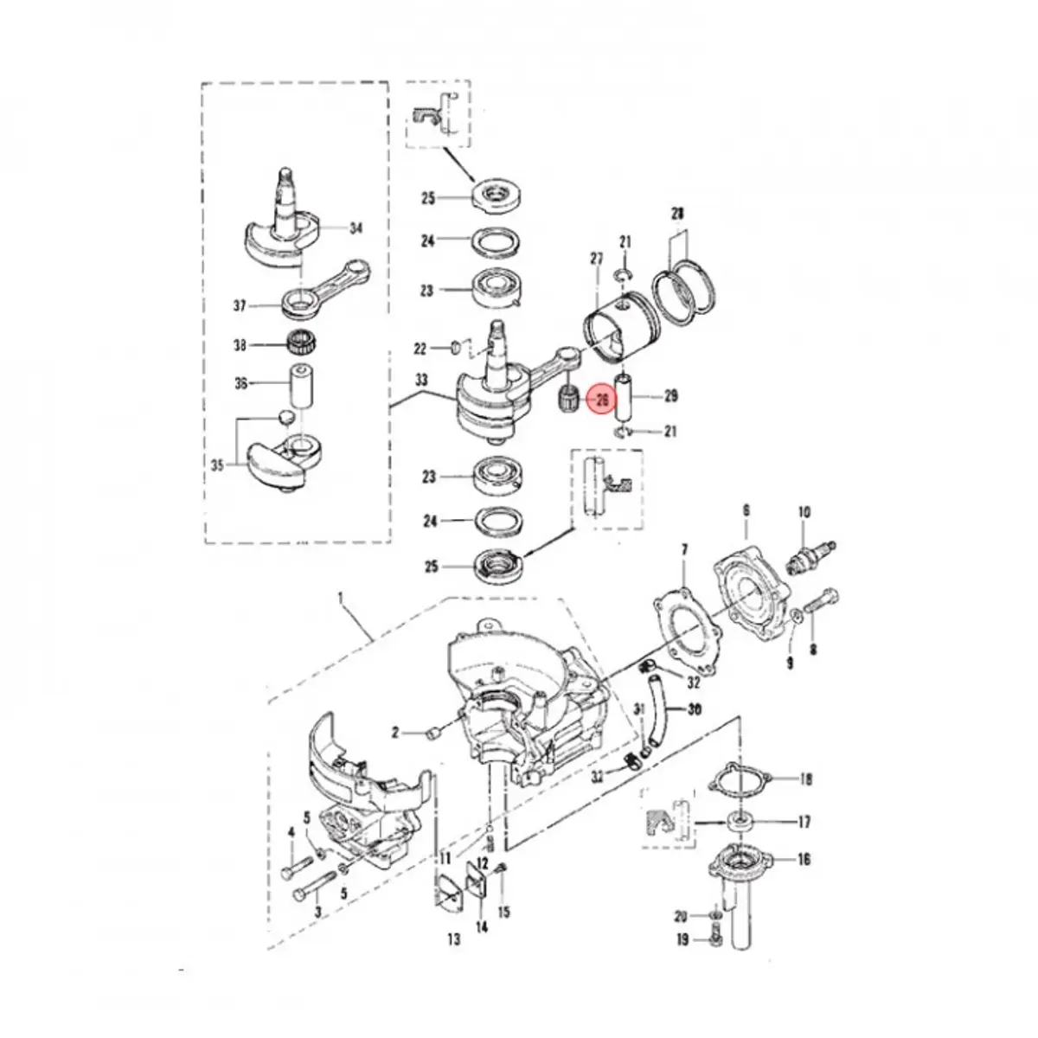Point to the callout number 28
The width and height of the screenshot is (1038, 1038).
click(x=677, y=213)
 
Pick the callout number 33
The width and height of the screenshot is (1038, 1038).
click(x=421, y=380)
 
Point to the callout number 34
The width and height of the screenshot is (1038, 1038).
click(x=356, y=229)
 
